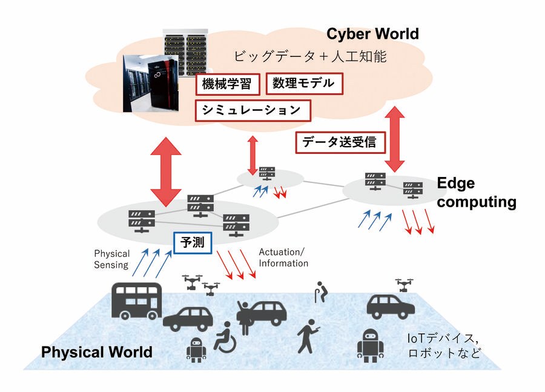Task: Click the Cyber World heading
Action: [372, 34]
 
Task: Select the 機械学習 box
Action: [227, 84]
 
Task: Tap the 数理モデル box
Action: [304, 83]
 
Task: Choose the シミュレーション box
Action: [253, 110]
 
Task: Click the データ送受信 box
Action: [339, 142]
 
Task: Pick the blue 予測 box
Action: [193, 243]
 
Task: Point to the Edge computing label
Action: [476, 193]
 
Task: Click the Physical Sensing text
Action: [111, 259]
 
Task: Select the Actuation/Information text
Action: [283, 257]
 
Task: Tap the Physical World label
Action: [96, 352]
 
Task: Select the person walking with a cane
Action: [320, 292]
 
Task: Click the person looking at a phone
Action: [307, 336]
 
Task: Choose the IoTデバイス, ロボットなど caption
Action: [446, 346]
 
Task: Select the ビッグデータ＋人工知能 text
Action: [309, 58]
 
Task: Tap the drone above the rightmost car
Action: [405, 284]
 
